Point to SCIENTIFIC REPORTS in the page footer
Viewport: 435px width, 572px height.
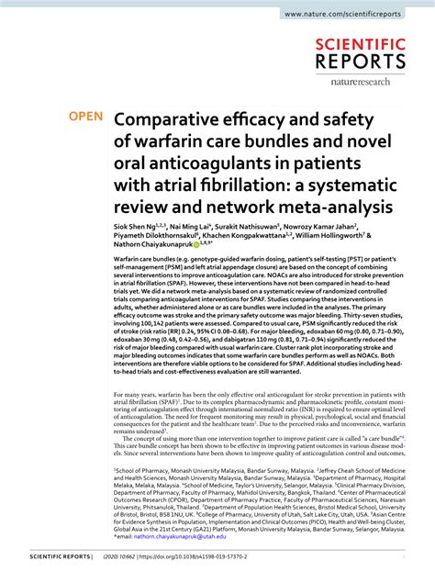tap(61, 556)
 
